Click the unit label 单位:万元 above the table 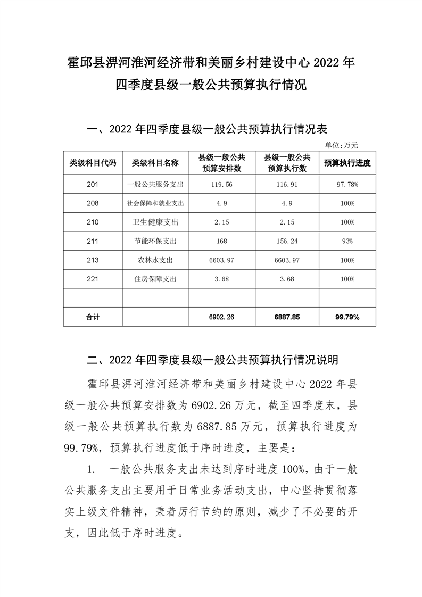(x=342, y=144)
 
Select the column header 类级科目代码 (x=93, y=163)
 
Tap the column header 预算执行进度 (x=347, y=163)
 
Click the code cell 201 (x=93, y=184)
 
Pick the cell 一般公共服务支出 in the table (x=155, y=184)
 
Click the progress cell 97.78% (x=347, y=184)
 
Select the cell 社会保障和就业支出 (x=155, y=203)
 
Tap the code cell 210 (x=93, y=222)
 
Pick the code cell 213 (x=93, y=260)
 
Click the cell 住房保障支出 (x=155, y=279)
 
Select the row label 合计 (x=93, y=317)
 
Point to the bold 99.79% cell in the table (x=347, y=317)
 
